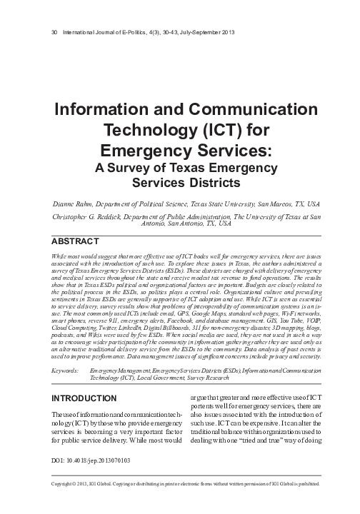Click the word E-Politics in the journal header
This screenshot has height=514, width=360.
point(131,34)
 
